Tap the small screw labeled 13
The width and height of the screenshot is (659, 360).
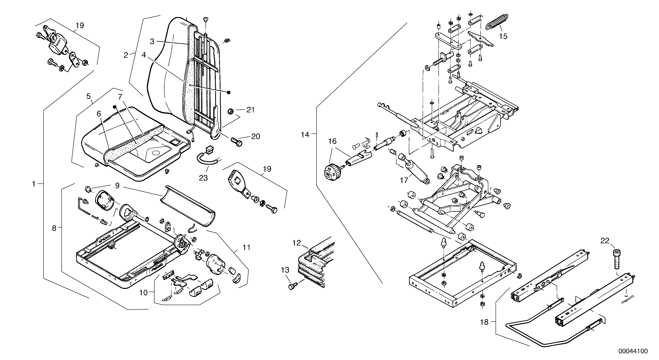[x=292, y=287]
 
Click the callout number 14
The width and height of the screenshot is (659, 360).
[x=305, y=134]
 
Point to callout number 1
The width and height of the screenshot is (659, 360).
[x=34, y=184]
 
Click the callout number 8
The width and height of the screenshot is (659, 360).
[x=54, y=228]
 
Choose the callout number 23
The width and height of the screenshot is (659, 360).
[x=203, y=178]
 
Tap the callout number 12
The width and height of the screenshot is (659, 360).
[x=297, y=243]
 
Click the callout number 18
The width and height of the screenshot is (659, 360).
[x=484, y=322]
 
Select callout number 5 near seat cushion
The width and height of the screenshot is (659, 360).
[x=88, y=96]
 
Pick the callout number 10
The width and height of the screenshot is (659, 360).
[x=143, y=292]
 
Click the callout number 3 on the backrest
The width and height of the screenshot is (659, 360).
[x=152, y=41]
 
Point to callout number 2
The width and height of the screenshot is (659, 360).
[x=126, y=55]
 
